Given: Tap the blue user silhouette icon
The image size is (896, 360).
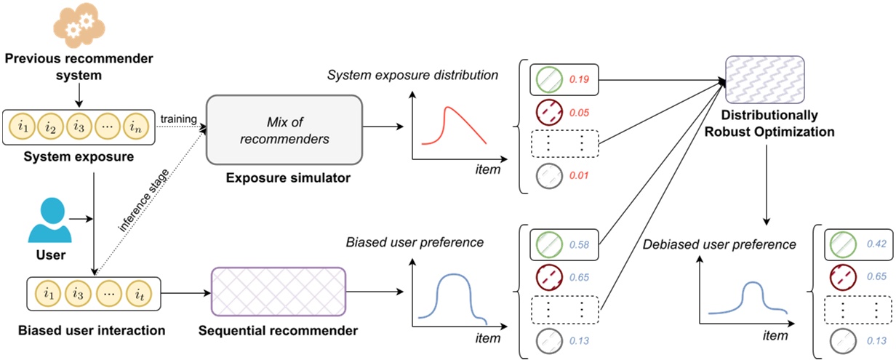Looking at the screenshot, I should pyautogui.click(x=50, y=220).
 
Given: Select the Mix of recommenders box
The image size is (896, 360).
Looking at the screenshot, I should pyautogui.click(x=284, y=127).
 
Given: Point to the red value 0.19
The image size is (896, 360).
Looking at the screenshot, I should pyautogui.click(x=578, y=81).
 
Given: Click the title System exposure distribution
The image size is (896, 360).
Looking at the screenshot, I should pyautogui.click(x=412, y=75).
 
